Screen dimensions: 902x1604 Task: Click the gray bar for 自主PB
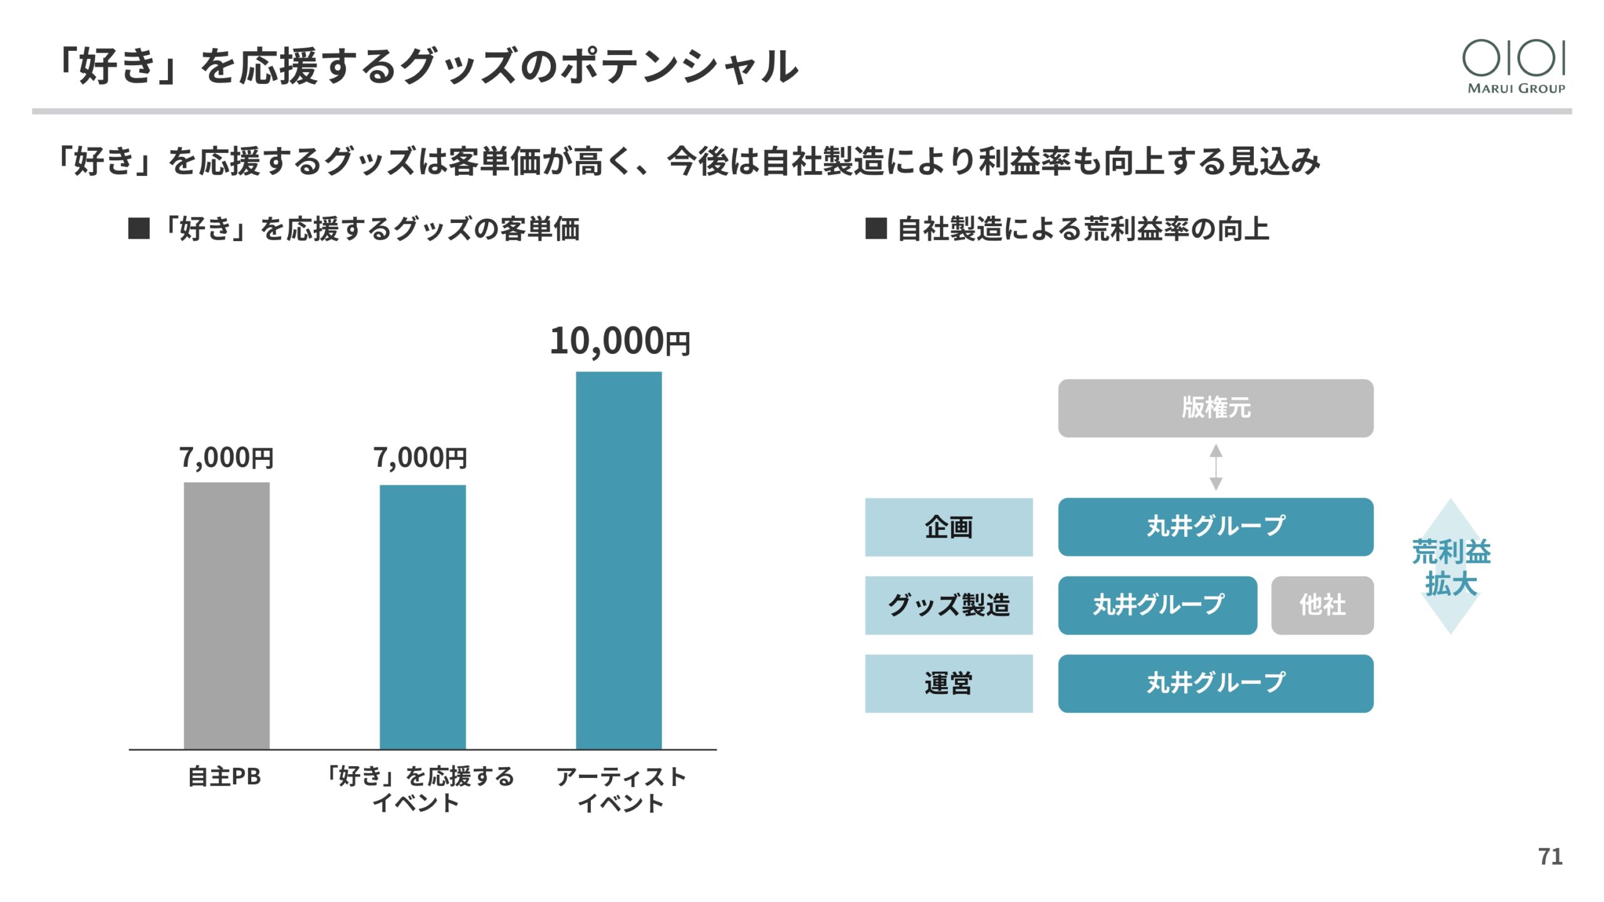[x=226, y=615]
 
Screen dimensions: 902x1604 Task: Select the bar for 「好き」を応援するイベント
[x=422, y=617]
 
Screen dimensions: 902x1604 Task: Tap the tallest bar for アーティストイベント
[x=618, y=560]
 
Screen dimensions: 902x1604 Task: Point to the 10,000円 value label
[x=620, y=341]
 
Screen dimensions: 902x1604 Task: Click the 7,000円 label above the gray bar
[x=226, y=458]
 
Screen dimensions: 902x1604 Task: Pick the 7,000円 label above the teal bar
[x=420, y=458]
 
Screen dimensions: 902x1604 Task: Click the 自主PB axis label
[x=224, y=777]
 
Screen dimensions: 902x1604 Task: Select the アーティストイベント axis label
[x=620, y=790]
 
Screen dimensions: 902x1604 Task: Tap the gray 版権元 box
[x=1216, y=408]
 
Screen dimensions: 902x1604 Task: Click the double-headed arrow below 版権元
[x=1216, y=467]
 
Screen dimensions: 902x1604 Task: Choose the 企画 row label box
[x=949, y=527]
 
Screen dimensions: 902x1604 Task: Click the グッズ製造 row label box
[x=949, y=605]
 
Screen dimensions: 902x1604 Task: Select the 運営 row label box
[x=949, y=683]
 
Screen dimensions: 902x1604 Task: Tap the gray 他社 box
[x=1322, y=605]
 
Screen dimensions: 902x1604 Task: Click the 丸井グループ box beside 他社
[x=1157, y=605]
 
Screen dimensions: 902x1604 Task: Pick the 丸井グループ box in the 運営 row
[x=1216, y=683]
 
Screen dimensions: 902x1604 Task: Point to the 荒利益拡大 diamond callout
[x=1450, y=567]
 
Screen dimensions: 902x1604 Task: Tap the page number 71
[x=1550, y=856]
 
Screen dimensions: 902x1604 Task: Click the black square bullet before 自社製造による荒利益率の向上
[x=875, y=229]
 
